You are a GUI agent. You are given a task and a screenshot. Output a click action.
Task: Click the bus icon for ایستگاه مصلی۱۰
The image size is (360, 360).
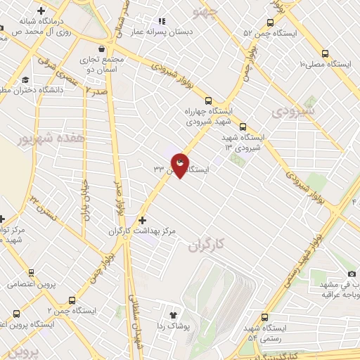[325, 53]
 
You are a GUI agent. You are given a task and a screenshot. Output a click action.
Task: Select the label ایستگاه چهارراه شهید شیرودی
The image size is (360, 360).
[212, 115]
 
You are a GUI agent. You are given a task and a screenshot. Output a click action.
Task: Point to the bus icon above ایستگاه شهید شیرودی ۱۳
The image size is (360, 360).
[243, 127]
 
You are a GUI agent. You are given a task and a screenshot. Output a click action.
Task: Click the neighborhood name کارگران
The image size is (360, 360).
[210, 247]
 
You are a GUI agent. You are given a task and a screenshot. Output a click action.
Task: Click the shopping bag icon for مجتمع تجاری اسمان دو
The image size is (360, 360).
[104, 49]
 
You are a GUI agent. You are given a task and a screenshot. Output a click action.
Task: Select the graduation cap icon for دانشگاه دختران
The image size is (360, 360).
[25, 79]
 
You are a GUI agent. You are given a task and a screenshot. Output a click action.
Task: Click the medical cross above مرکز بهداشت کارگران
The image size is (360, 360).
[143, 219]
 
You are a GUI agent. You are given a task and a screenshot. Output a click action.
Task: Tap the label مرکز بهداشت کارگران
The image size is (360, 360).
[141, 231]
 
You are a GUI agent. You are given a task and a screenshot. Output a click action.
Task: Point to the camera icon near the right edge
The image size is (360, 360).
[352, 274]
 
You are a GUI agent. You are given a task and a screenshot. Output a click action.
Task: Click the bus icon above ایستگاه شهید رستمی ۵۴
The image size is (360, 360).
[265, 317]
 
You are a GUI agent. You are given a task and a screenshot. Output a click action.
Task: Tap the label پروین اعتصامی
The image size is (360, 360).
[32, 285]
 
